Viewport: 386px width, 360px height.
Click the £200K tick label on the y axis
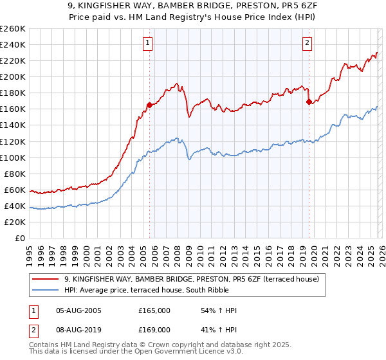tap(13, 76)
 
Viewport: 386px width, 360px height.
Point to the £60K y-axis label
tap(15, 190)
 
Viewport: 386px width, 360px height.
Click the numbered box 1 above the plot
tap(148, 43)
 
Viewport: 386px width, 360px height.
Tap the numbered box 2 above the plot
tap(307, 43)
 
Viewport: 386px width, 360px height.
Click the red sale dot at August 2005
tap(149, 105)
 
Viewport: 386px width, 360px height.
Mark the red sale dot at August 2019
tap(309, 102)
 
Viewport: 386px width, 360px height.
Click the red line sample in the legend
tap(46, 279)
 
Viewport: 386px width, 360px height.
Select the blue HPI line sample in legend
tap(46, 289)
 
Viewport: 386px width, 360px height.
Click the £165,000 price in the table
tap(154, 310)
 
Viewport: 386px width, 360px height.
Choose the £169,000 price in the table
tap(154, 329)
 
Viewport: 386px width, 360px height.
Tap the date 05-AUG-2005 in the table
tap(78, 310)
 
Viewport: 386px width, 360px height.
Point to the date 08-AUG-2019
tap(78, 329)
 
